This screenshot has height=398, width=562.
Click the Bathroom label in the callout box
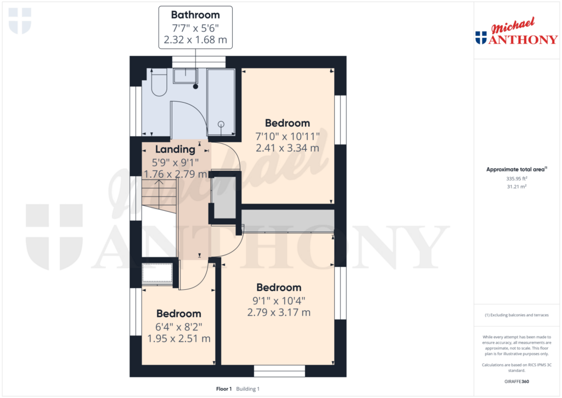(x=195, y=15)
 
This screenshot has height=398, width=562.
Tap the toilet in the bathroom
(x=159, y=82)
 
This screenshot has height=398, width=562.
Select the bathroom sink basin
(x=186, y=76)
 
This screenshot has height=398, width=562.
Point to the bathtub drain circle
(x=221, y=124)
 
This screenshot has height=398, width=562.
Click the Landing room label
(x=175, y=149)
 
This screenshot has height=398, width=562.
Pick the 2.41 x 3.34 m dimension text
(x=288, y=148)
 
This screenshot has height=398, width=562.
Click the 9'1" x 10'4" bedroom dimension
(x=279, y=300)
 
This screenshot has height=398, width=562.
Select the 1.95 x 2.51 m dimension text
(x=179, y=339)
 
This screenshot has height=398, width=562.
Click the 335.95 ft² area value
(x=516, y=178)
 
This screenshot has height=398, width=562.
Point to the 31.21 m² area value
(x=516, y=187)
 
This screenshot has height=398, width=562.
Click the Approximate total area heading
(x=516, y=169)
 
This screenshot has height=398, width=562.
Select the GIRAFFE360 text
(x=516, y=382)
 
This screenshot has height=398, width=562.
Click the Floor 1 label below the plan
(x=224, y=389)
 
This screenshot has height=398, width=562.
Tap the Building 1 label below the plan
(x=248, y=389)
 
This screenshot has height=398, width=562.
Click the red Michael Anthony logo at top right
(x=516, y=31)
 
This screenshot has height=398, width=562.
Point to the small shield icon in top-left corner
(x=20, y=21)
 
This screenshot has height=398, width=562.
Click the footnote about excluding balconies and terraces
(x=516, y=315)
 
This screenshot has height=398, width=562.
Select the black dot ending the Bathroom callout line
(x=196, y=86)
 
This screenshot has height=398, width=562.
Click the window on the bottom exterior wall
(x=279, y=371)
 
